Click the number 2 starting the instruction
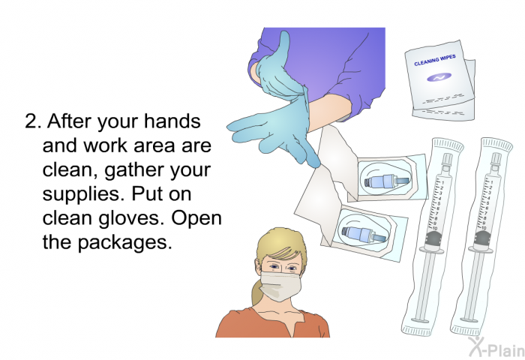31,122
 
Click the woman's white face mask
279,285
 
